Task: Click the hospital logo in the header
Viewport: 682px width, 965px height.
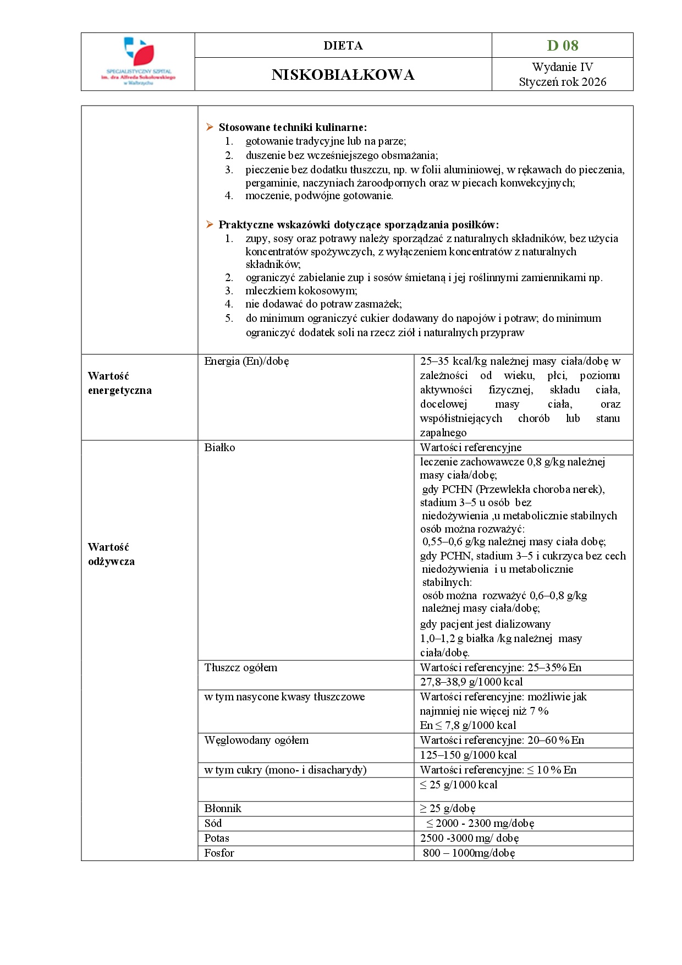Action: point(138,61)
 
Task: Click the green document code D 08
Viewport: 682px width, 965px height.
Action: point(562,46)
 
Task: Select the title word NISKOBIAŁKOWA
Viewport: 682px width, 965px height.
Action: point(343,75)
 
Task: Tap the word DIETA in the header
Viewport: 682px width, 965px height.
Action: point(343,46)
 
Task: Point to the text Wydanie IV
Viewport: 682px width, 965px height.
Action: point(562,67)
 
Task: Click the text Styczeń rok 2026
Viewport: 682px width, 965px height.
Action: point(562,82)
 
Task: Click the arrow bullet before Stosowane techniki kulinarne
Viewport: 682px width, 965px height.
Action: point(210,127)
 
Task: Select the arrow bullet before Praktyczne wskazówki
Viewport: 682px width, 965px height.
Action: point(210,224)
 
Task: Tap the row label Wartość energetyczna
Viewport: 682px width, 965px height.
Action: point(119,383)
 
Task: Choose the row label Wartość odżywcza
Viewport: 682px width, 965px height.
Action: point(111,555)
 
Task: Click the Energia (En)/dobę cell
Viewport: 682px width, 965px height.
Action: point(246,361)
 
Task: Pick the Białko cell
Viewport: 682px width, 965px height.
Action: point(219,448)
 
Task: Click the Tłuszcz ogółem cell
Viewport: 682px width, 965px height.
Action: point(240,668)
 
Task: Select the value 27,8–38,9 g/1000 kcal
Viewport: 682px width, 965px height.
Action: point(471,682)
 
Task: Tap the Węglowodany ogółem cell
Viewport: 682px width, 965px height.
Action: point(256,741)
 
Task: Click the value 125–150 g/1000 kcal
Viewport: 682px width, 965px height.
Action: point(468,755)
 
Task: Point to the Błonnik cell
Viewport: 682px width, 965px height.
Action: point(223,809)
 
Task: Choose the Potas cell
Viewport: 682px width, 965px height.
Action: point(217,838)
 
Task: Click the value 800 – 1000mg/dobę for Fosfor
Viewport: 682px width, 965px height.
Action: point(469,853)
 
